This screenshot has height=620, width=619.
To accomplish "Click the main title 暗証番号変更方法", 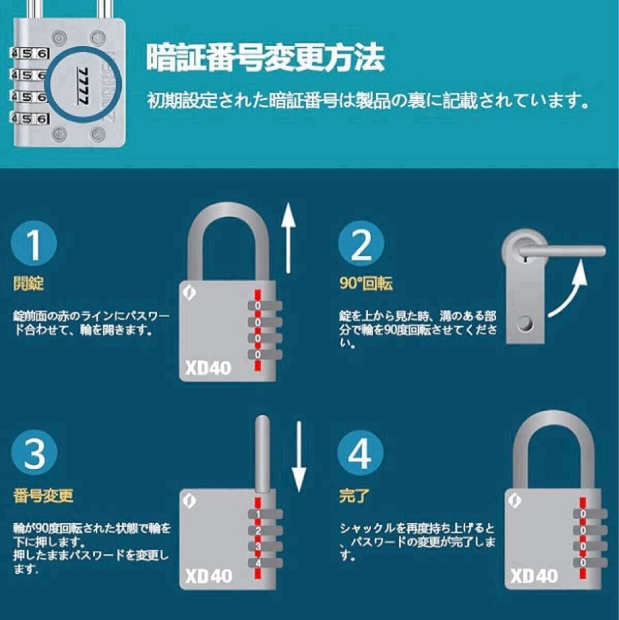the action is click(265, 58).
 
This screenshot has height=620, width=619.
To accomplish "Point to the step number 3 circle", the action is click(34, 453).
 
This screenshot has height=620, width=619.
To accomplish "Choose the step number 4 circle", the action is click(361, 453).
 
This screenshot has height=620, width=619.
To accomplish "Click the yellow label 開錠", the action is click(28, 284).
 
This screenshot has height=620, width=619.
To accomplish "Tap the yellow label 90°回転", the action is click(366, 284).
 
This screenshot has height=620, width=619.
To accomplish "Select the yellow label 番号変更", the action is click(43, 496).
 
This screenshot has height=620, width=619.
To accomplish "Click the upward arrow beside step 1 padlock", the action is click(289, 238).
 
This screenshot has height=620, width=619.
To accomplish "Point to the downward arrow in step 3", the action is click(299, 456).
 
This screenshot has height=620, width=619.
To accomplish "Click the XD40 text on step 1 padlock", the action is click(208, 368).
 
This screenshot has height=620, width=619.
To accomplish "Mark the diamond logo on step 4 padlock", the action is click(515, 501).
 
